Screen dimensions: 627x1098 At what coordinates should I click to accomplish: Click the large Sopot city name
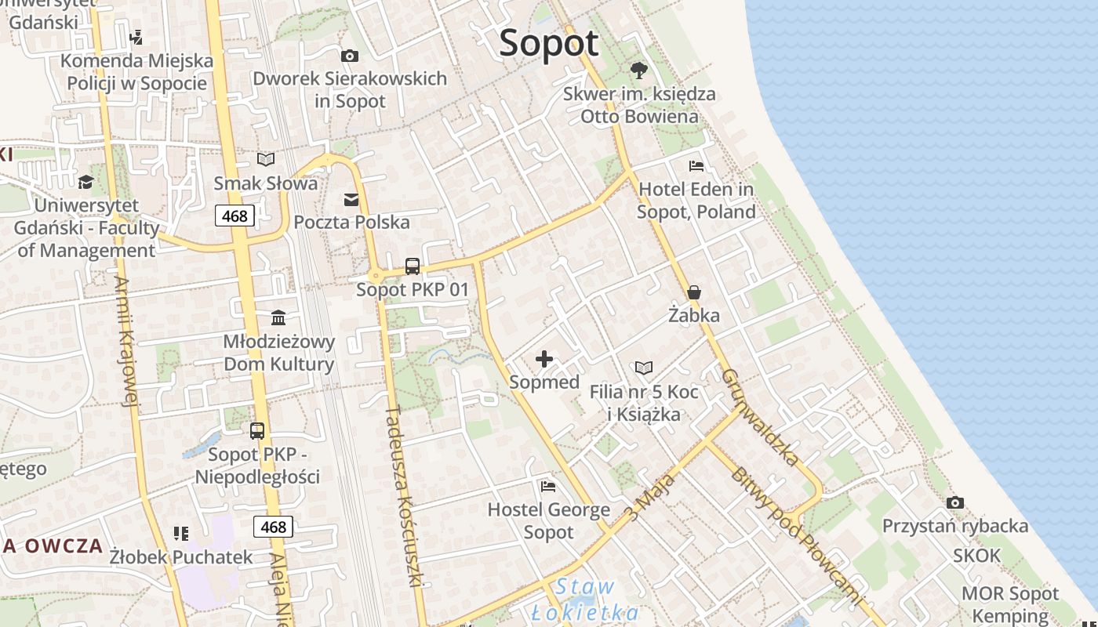click(x=549, y=43)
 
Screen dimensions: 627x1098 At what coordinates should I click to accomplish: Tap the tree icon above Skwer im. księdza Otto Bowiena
click(x=639, y=71)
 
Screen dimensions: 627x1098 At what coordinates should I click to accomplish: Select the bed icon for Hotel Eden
click(x=696, y=166)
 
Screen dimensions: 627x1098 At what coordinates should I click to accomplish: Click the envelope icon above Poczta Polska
click(x=351, y=200)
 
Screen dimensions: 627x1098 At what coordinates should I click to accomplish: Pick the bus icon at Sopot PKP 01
click(x=413, y=266)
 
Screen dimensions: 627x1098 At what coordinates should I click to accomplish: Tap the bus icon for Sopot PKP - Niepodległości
click(x=257, y=431)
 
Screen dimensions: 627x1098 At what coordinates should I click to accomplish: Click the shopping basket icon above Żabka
click(x=694, y=293)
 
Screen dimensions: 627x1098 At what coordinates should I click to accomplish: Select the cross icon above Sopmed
click(x=544, y=360)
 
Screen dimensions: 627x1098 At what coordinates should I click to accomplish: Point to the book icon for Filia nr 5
click(x=644, y=368)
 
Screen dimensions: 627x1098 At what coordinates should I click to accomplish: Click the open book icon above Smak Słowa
click(x=266, y=160)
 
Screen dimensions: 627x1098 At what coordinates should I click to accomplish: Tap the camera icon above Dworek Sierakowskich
click(x=350, y=56)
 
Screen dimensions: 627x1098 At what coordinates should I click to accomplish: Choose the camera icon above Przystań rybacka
click(x=954, y=502)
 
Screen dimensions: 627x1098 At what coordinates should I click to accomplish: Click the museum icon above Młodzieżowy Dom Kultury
click(x=278, y=318)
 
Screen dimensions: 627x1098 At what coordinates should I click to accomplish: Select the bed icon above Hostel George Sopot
click(x=548, y=487)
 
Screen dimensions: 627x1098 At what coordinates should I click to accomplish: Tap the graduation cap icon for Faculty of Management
click(x=85, y=183)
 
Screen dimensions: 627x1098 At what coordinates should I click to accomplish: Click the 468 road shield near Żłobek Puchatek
click(x=273, y=527)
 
